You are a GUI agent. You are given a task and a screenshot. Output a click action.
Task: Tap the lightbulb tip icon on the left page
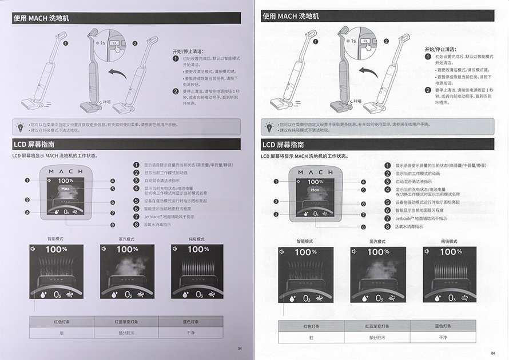pyautogui.click(x=21, y=126)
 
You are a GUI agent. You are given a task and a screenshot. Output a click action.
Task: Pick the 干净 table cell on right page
pyautogui.click(x=443, y=337)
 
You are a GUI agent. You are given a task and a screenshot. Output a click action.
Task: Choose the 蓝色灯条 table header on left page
pyautogui.click(x=190, y=321)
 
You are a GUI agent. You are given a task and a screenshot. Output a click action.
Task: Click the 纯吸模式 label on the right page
pyautogui.click(x=450, y=241)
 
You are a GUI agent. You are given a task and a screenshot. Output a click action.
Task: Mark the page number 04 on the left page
pyautogui.click(x=240, y=348)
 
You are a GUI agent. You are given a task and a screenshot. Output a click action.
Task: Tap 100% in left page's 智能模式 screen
pyautogui.click(x=57, y=249)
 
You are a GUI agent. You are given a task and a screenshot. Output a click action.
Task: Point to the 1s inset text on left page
pyautogui.click(x=101, y=42)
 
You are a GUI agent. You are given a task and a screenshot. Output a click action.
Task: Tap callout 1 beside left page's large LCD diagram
pyautogui.click(x=27, y=181)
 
